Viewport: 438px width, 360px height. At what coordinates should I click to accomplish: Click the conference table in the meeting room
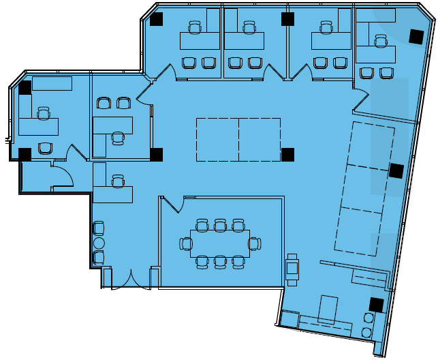pos(219,243)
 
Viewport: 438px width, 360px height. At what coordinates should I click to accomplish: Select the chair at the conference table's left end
pos(186,243)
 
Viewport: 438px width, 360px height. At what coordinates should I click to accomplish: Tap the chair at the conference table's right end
pos(253,243)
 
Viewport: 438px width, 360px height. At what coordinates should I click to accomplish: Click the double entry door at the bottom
pos(131,280)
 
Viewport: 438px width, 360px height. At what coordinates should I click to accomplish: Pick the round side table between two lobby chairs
pos(99,243)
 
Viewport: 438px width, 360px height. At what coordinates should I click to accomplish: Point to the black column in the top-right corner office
pos(415,36)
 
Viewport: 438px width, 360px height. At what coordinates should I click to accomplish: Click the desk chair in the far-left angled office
pos(44,112)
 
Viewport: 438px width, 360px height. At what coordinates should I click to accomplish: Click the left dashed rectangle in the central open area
pos(217,139)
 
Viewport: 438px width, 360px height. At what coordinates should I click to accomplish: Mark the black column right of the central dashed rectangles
pos(287,154)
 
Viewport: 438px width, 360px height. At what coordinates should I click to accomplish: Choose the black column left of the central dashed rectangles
pos(157,154)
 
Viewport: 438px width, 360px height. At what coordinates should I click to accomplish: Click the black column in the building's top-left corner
pos(157,19)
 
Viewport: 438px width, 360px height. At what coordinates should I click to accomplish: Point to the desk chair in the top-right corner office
pos(380,42)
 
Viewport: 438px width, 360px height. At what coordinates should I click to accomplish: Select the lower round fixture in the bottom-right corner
pos(367,332)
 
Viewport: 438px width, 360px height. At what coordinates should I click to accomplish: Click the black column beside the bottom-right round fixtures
pos(375,305)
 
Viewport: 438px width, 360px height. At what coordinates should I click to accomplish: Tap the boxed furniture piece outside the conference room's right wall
pos(293,268)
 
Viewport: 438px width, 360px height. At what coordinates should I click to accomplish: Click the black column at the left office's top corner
pos(25,87)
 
